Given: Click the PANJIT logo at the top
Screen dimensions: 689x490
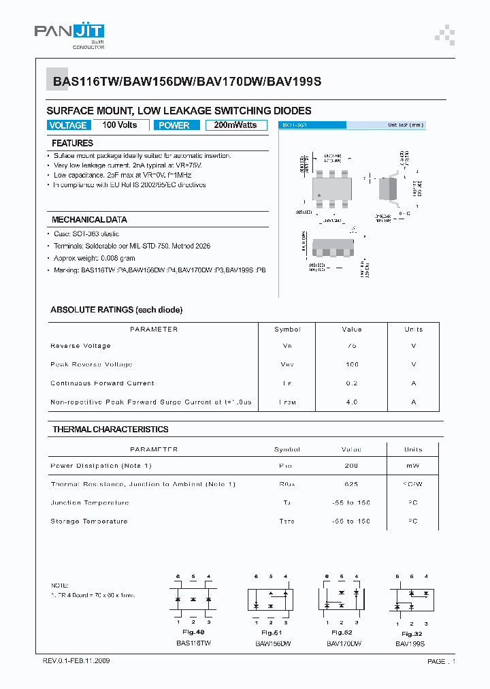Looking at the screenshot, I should click(69, 34).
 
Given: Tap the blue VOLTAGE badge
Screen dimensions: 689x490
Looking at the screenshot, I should click(68, 125).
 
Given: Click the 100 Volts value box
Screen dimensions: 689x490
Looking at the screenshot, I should click(120, 125).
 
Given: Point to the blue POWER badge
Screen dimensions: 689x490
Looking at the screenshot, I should click(174, 125).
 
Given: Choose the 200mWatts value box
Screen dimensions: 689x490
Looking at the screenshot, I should click(235, 125).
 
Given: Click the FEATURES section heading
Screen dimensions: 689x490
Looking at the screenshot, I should click(73, 144).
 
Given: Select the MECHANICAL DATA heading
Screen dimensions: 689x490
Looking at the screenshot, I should click(89, 220).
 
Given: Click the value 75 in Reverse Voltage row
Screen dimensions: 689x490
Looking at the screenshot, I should click(351, 346).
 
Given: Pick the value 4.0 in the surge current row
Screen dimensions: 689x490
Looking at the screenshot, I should click(351, 402).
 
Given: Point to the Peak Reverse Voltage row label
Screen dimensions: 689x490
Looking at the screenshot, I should click(91, 365).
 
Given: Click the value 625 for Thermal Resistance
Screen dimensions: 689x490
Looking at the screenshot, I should click(351, 484).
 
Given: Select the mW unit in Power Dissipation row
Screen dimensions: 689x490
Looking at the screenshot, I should click(413, 466).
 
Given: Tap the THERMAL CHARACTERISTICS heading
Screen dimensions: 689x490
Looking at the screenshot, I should click(110, 430).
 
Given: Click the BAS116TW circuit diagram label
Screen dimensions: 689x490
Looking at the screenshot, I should click(193, 643).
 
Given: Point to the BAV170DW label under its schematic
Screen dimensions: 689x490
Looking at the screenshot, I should click(343, 643).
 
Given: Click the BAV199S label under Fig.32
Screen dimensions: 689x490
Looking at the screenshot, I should click(410, 643).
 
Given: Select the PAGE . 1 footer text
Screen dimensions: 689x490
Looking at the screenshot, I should click(441, 662).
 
